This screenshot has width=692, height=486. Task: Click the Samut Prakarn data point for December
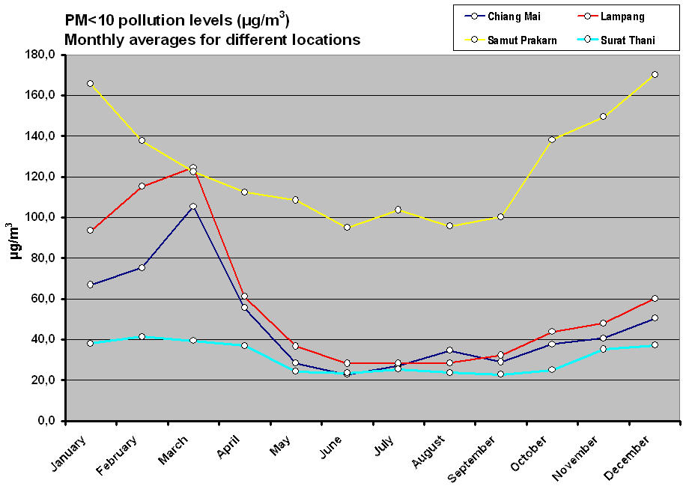click(655, 74)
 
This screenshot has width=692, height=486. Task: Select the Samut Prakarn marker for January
click(90, 83)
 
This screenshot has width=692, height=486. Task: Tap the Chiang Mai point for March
click(192, 206)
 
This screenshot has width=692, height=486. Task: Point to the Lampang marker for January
click(90, 230)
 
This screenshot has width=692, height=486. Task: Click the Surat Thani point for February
click(142, 337)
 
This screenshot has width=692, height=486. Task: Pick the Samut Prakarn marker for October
click(552, 139)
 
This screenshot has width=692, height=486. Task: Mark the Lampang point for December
click(655, 298)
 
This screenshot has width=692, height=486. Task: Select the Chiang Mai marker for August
click(449, 350)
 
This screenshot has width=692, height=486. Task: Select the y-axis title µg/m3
click(13, 240)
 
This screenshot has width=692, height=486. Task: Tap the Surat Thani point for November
click(603, 349)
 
